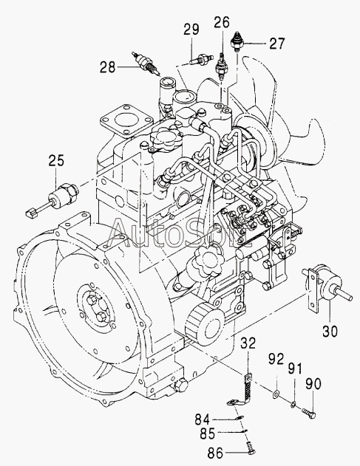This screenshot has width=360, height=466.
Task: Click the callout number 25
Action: click(x=56, y=161)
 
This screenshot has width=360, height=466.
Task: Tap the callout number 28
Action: click(x=107, y=67)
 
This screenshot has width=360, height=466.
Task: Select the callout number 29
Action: click(x=191, y=30)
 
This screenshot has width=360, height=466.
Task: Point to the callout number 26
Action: click(x=223, y=22)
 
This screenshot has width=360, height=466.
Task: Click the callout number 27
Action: click(x=277, y=44)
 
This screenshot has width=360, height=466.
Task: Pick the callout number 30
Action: click(x=330, y=331)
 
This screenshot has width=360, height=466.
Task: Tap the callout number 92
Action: click(x=276, y=359)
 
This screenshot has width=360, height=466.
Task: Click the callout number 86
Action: click(x=215, y=453)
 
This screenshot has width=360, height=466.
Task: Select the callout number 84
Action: click(x=203, y=419)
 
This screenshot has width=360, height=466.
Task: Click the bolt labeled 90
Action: click(x=308, y=413)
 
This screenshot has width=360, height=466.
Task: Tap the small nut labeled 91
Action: click(x=293, y=403)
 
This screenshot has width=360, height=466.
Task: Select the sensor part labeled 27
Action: click(x=237, y=42)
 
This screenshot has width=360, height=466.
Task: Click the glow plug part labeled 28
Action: click(x=146, y=64)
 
